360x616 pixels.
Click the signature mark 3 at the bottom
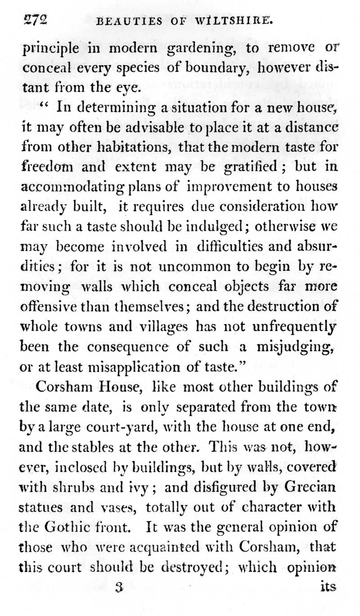(119, 587)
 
